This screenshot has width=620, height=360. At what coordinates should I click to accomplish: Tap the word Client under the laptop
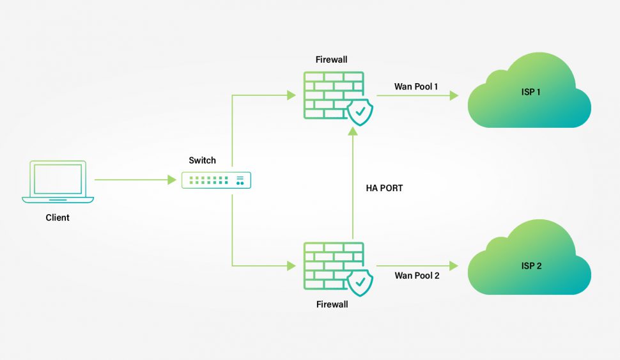(x=58, y=217)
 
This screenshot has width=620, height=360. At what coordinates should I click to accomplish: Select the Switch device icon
(x=216, y=180)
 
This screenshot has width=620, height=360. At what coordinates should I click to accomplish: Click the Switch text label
(x=202, y=160)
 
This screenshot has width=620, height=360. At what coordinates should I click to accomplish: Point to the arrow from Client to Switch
(x=134, y=180)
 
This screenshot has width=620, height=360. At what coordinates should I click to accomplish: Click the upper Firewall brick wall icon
(x=332, y=95)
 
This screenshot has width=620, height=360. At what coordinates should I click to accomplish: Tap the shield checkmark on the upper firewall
(x=360, y=113)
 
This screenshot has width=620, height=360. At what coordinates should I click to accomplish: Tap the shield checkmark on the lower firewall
(x=360, y=281)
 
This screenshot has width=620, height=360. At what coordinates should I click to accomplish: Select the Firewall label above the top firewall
(x=332, y=59)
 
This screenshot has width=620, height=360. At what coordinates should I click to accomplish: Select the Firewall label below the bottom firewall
(x=332, y=304)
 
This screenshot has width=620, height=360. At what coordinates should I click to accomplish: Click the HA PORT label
(x=384, y=189)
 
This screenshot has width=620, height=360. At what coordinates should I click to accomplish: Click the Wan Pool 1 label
(x=416, y=86)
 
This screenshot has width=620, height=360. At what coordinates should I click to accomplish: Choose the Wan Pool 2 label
(x=417, y=276)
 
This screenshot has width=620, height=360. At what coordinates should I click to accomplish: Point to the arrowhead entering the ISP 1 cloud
(x=454, y=96)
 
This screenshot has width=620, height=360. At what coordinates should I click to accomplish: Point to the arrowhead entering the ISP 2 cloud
(x=454, y=265)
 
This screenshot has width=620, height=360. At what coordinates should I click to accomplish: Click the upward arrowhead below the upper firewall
(x=352, y=132)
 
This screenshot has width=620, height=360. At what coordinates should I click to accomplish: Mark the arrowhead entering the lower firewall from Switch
(x=291, y=265)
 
